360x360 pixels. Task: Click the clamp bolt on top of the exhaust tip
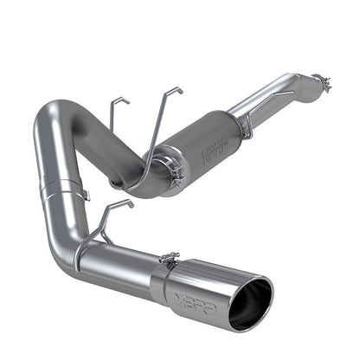click(x=170, y=256)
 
